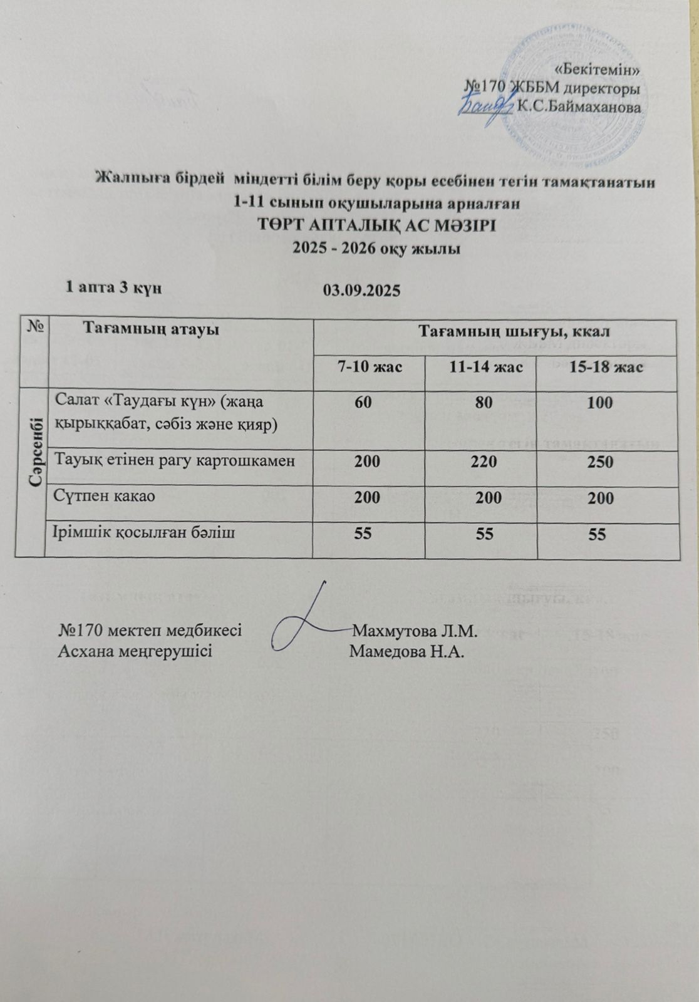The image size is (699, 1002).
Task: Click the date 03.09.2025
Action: (361, 291)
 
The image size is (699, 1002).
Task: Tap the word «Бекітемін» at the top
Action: (598, 70)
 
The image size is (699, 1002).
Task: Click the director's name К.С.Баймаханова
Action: (579, 106)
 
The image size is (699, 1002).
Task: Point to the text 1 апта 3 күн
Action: (113, 287)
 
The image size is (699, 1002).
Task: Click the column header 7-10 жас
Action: (370, 367)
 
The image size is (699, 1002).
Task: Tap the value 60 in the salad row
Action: (363, 402)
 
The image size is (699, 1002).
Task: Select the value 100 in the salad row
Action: (600, 402)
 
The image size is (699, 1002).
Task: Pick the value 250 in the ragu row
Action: (600, 462)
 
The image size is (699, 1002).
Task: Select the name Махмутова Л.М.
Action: (415, 630)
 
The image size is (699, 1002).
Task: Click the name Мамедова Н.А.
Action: (406, 651)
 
